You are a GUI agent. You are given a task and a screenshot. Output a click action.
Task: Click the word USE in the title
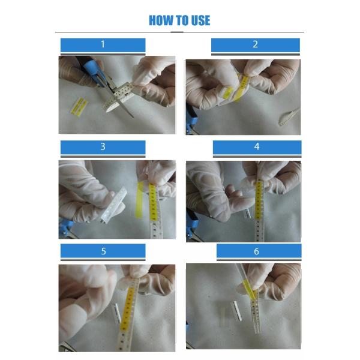coord(200,20)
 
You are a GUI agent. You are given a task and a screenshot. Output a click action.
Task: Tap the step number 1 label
coord(103,44)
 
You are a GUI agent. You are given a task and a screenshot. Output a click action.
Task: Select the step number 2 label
coord(255,44)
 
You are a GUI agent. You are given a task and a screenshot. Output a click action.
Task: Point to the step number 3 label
coord(103,146)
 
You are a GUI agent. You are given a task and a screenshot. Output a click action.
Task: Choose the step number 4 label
coord(257,146)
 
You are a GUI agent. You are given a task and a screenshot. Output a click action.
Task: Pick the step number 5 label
coord(103,251)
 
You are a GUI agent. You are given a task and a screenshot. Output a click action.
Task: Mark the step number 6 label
coord(256,251)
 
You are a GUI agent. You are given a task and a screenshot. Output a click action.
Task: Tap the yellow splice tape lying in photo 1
coord(79,107)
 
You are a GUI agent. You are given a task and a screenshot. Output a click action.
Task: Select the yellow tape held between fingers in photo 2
coord(239,89)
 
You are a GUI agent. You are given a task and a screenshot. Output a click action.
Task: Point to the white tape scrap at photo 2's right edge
coord(289,117)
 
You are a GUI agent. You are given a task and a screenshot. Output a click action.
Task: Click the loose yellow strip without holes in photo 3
coord(139,200)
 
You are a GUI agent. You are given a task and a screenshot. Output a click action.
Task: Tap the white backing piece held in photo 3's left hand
coord(113,205)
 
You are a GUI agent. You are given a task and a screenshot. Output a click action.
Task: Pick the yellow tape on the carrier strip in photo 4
coord(259,200)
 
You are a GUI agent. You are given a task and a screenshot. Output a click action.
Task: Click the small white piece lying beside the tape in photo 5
coord(116,314)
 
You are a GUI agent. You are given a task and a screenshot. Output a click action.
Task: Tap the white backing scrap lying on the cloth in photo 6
coord(237,311)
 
